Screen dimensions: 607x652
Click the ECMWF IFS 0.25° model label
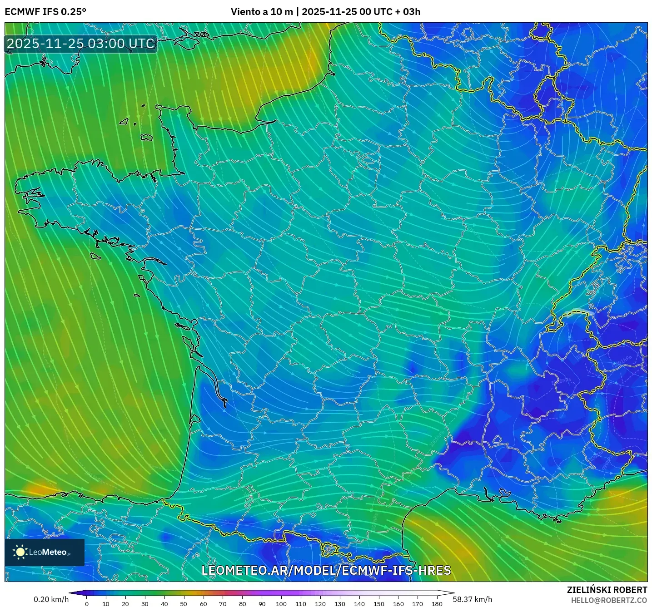[45, 12]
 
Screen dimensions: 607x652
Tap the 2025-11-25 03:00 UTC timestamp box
[81, 44]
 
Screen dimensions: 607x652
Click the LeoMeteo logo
[45, 552]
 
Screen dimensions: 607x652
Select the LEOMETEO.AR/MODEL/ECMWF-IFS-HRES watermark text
[326, 570]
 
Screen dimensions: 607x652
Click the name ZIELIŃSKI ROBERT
[607, 590]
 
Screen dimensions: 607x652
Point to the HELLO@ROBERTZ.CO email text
[609, 600]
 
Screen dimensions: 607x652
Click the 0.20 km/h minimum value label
[51, 599]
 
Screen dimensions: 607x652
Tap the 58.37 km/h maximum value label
[472, 599]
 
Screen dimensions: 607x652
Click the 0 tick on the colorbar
[87, 604]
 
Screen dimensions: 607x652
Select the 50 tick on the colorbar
[184, 604]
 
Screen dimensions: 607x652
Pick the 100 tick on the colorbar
[281, 604]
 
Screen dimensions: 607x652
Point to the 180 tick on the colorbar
[437, 604]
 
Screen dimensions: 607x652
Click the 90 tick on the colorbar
[262, 604]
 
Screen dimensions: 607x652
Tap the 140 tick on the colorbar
[359, 604]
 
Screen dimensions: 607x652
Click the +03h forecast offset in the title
[411, 12]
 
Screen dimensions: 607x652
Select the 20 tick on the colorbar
[125, 604]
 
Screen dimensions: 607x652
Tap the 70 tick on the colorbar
[223, 604]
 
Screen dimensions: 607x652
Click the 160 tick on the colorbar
[398, 604]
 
